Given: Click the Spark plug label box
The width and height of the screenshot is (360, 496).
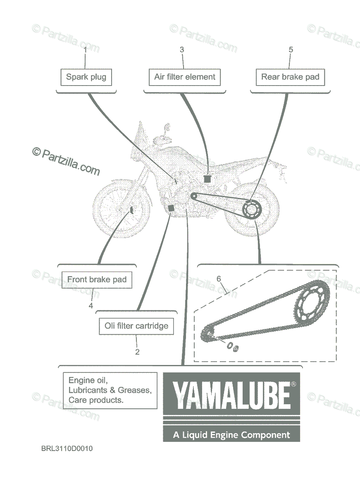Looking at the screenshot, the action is [86, 77].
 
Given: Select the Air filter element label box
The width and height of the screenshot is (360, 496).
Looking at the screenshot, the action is [185, 77].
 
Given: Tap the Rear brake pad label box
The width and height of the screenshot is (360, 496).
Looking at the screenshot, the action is [290, 77].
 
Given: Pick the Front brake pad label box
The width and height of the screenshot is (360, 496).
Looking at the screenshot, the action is [97, 280].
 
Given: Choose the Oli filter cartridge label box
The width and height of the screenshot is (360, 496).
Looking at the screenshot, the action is [136, 326].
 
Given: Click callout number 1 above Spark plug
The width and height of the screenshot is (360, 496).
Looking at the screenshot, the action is [85, 50].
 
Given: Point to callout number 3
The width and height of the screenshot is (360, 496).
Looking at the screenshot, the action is [182, 50].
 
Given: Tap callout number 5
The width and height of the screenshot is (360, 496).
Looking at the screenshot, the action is [291, 50].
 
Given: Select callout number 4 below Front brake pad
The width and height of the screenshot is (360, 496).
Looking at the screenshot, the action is [91, 306].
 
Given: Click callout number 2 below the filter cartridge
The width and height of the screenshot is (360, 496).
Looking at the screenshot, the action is [137, 352].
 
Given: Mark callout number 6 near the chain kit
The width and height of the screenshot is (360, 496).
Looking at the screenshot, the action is [219, 279].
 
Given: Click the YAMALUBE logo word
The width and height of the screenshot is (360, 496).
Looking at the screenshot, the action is [231, 396].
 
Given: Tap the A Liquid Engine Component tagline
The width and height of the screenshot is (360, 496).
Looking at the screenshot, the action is [231, 435].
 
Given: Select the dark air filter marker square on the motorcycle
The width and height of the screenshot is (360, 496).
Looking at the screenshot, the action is [207, 179].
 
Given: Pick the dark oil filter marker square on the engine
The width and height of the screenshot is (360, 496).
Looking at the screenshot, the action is [171, 208].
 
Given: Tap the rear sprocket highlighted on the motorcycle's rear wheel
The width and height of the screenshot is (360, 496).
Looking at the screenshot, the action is [252, 209].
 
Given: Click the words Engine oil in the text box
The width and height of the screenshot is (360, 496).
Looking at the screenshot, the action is [88, 380].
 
